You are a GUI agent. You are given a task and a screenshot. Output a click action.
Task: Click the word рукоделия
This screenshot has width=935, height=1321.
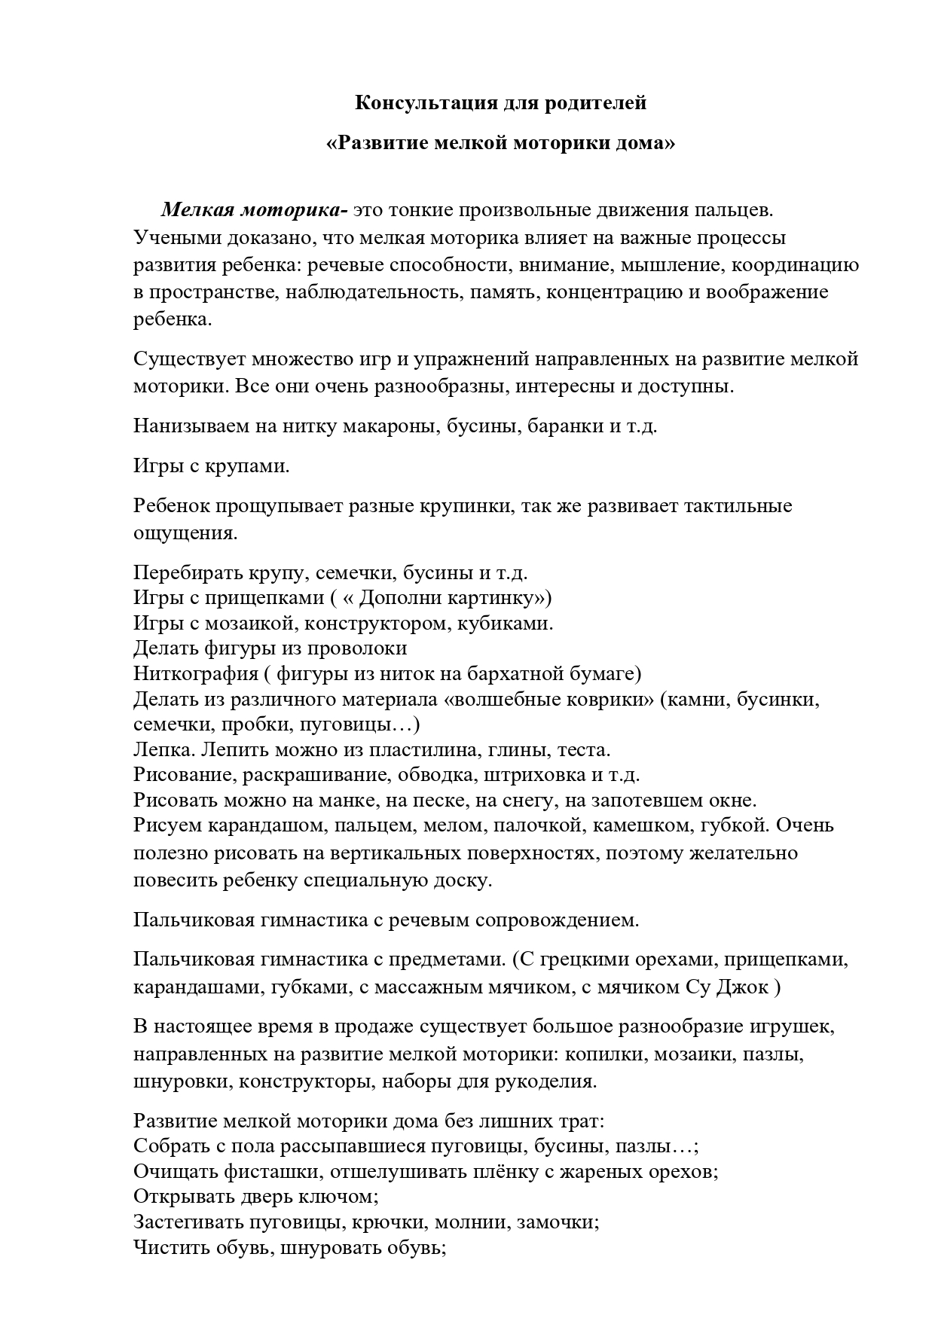pos(543,1082)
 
